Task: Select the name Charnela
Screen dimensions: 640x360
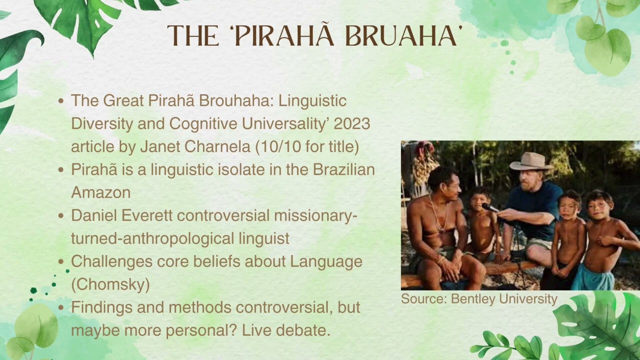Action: [x=217, y=146]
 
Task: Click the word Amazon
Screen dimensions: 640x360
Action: [x=101, y=192]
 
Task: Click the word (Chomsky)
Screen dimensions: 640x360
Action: [x=110, y=284]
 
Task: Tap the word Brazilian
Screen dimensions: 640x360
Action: [x=343, y=169]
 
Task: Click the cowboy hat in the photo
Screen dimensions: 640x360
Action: [x=531, y=162]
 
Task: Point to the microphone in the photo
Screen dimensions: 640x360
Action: [x=490, y=207]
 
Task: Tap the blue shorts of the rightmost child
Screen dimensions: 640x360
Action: [x=593, y=276]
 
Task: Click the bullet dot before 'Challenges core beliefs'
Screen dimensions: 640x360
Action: [x=61, y=261]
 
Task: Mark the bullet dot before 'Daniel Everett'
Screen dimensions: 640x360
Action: [x=61, y=215]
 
